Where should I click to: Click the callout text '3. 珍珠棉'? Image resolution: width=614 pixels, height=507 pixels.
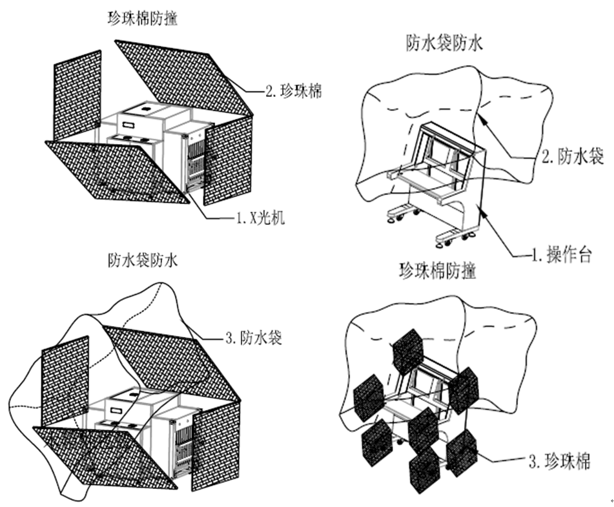pos(559,461)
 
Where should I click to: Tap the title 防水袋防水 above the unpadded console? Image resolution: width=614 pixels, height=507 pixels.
pos(444,43)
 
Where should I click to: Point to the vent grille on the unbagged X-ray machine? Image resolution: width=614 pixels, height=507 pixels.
pos(194,161)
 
